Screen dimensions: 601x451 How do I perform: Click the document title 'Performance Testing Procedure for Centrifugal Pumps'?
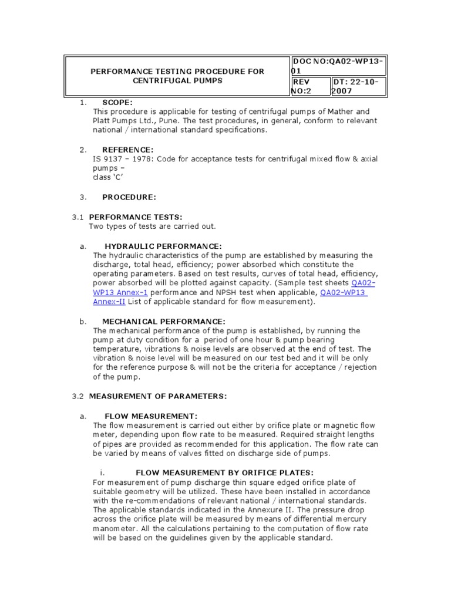pos(177,76)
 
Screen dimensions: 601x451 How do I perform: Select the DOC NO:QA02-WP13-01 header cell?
pos(338,66)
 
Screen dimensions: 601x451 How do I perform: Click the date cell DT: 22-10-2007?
pos(355,86)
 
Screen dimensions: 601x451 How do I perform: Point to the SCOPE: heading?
pos(117,102)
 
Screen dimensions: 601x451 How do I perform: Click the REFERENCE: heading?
pos(128,150)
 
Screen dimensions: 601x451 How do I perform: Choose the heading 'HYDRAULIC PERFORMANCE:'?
pos(163,246)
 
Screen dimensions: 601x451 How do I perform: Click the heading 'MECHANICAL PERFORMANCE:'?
pos(164,321)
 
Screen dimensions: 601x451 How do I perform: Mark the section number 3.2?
pos(78,396)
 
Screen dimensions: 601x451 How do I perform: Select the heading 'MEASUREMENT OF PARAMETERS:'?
pos(158,396)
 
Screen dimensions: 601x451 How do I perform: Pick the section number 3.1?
pos(78,217)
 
